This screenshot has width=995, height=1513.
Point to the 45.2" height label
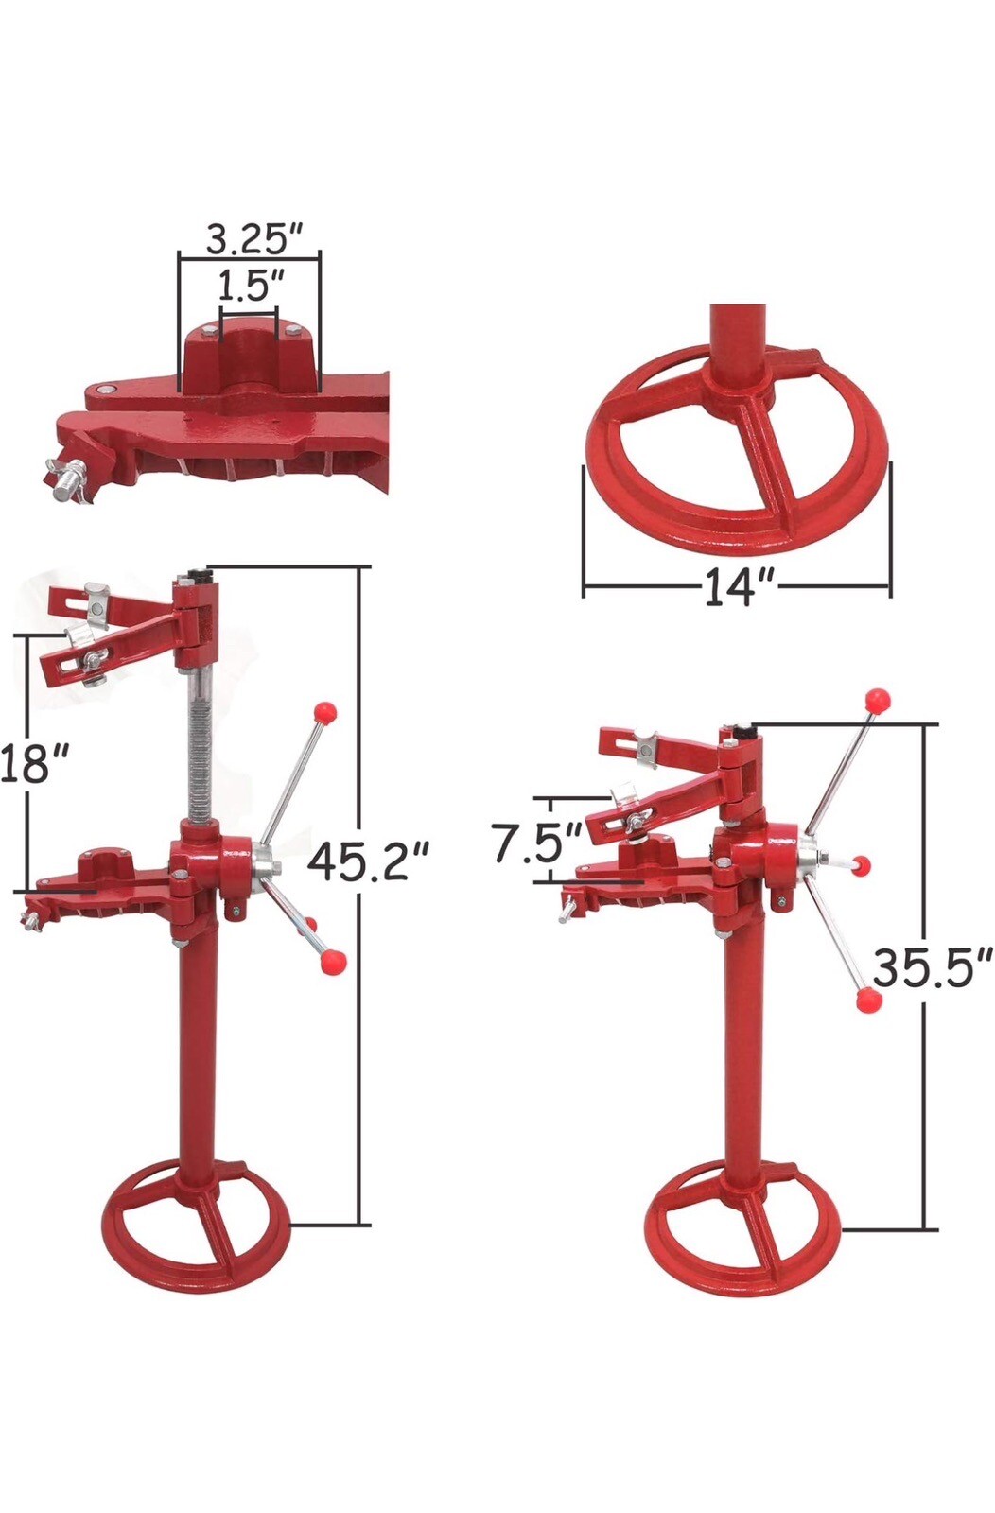(x=369, y=861)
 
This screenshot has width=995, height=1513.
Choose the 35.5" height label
(x=932, y=967)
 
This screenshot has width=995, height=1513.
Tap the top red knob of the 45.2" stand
(x=325, y=711)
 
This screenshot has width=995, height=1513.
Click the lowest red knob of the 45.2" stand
(x=332, y=963)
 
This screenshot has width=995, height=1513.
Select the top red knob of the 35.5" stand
(x=879, y=701)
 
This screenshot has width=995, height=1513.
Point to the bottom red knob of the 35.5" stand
(x=868, y=1000)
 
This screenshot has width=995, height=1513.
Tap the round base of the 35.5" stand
(x=742, y=1234)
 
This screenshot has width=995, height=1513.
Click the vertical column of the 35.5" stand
(x=743, y=1040)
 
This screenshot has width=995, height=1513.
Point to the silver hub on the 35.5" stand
(x=811, y=855)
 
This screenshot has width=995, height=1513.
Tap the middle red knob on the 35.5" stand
(x=860, y=864)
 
